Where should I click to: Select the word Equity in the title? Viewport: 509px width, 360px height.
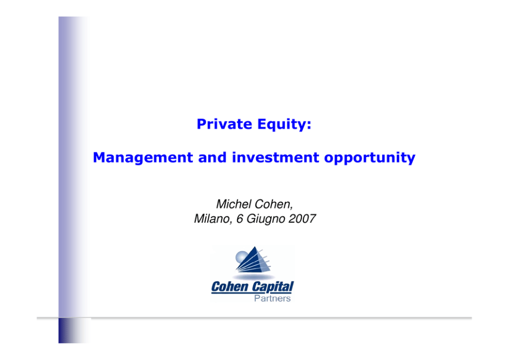281,124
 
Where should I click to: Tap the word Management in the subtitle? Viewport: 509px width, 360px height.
143,158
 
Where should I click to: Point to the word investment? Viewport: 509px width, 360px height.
276,157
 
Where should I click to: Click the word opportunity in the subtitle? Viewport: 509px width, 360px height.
370,158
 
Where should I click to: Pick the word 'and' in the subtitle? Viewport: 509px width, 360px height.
212,157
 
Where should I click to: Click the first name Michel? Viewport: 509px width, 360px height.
234,204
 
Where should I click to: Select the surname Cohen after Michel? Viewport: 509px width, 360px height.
274,204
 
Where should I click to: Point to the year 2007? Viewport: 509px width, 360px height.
302,219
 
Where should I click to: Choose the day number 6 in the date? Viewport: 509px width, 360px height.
240,219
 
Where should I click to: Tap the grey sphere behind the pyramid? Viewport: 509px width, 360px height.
242,257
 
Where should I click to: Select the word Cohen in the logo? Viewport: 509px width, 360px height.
230,287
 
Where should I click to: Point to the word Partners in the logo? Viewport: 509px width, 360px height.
272,298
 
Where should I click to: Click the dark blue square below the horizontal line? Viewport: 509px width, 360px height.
74,330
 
